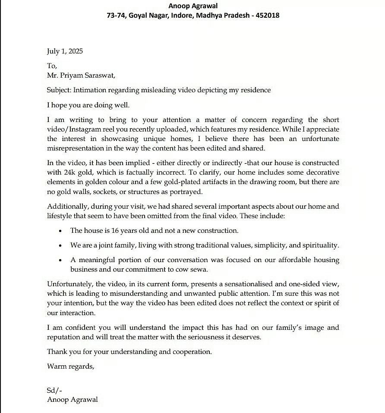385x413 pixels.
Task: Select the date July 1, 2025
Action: (x=65, y=51)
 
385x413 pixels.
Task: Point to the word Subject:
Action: (x=59, y=90)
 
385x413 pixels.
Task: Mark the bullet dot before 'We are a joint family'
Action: (x=60, y=246)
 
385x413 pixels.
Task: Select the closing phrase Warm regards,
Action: (x=70, y=366)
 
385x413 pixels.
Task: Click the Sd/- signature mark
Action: (x=54, y=390)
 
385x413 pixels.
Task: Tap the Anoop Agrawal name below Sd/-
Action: (x=73, y=399)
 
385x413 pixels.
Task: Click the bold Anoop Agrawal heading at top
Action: (x=193, y=6)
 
